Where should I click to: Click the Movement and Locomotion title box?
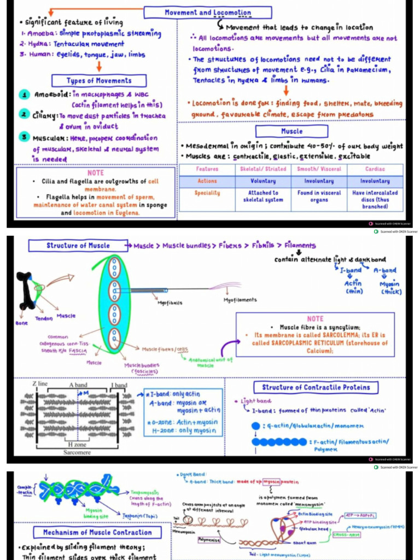click(x=208, y=13)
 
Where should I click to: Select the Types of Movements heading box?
click(x=99, y=81)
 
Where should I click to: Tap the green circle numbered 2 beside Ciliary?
click(x=25, y=114)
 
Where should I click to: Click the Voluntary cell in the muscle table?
click(x=263, y=181)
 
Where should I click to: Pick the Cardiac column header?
click(x=375, y=169)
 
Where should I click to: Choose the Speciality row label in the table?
click(x=207, y=193)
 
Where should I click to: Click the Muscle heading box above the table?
click(x=291, y=131)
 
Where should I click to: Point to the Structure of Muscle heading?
click(x=78, y=246)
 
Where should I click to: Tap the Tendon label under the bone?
click(x=44, y=318)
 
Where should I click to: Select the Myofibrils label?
click(x=170, y=302)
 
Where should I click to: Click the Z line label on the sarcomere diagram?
click(x=39, y=384)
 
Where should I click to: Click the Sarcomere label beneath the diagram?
click(x=77, y=453)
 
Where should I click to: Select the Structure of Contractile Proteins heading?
click(x=316, y=387)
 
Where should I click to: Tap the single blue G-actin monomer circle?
click(x=255, y=425)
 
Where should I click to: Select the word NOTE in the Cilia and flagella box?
click(x=96, y=173)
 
